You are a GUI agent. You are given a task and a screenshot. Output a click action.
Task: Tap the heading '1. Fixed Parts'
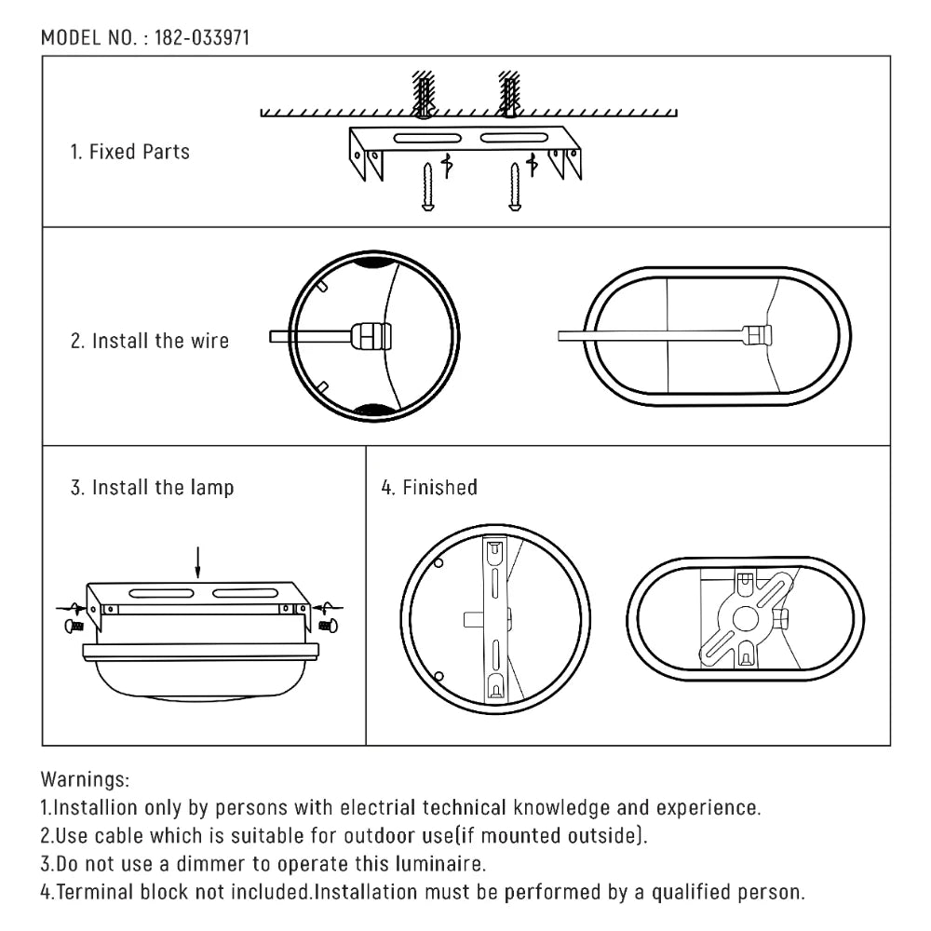pos(130,152)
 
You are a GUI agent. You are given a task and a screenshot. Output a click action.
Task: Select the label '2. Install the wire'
pos(150,341)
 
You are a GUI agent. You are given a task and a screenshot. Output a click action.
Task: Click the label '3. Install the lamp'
pos(153,487)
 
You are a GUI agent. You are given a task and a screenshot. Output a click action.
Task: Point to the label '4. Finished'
pos(429,487)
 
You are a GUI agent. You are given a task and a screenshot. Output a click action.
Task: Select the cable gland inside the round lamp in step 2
pos(369,336)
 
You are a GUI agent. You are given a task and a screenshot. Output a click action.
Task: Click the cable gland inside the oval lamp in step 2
pos(758,335)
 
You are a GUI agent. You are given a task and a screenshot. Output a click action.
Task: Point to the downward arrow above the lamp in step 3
pos(196,561)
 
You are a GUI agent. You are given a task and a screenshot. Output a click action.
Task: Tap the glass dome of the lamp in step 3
pos(201,680)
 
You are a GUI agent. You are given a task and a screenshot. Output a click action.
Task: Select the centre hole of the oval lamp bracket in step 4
pos(745,618)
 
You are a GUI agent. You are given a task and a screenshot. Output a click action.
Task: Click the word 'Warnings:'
pos(86,778)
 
